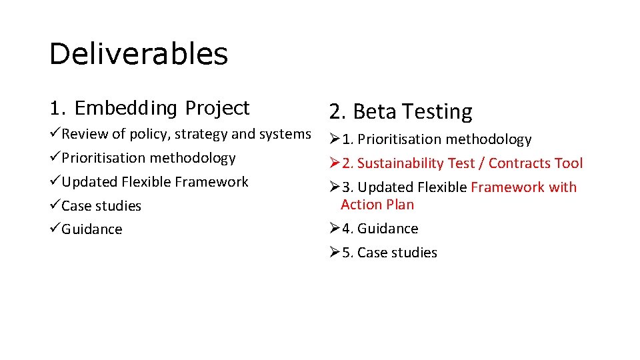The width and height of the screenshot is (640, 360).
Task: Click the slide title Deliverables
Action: pyautogui.click(x=138, y=54)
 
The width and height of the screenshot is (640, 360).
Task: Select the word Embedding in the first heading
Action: pyautogui.click(x=126, y=108)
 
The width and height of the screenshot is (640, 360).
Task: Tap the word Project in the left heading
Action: pyautogui.click(x=217, y=108)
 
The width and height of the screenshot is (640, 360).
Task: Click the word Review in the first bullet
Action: pyautogui.click(x=85, y=134)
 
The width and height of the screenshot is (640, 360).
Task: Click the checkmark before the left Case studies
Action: pyautogui.click(x=55, y=205)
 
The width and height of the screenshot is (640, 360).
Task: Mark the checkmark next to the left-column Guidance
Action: pyautogui.click(x=55, y=229)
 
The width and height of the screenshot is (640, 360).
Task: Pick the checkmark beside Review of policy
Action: pyautogui.click(x=55, y=134)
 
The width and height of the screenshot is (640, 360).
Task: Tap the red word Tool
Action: pyautogui.click(x=568, y=163)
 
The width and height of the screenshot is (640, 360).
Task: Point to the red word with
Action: pyautogui.click(x=563, y=187)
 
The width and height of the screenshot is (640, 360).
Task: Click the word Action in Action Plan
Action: pyautogui.click(x=361, y=205)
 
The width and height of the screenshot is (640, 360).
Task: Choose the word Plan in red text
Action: pyautogui.click(x=399, y=205)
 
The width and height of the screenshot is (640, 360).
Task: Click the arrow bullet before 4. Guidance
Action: pyautogui.click(x=335, y=229)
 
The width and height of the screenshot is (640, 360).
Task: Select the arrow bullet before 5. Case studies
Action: pyautogui.click(x=335, y=253)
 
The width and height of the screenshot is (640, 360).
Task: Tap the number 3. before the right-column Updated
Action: pyautogui.click(x=348, y=187)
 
